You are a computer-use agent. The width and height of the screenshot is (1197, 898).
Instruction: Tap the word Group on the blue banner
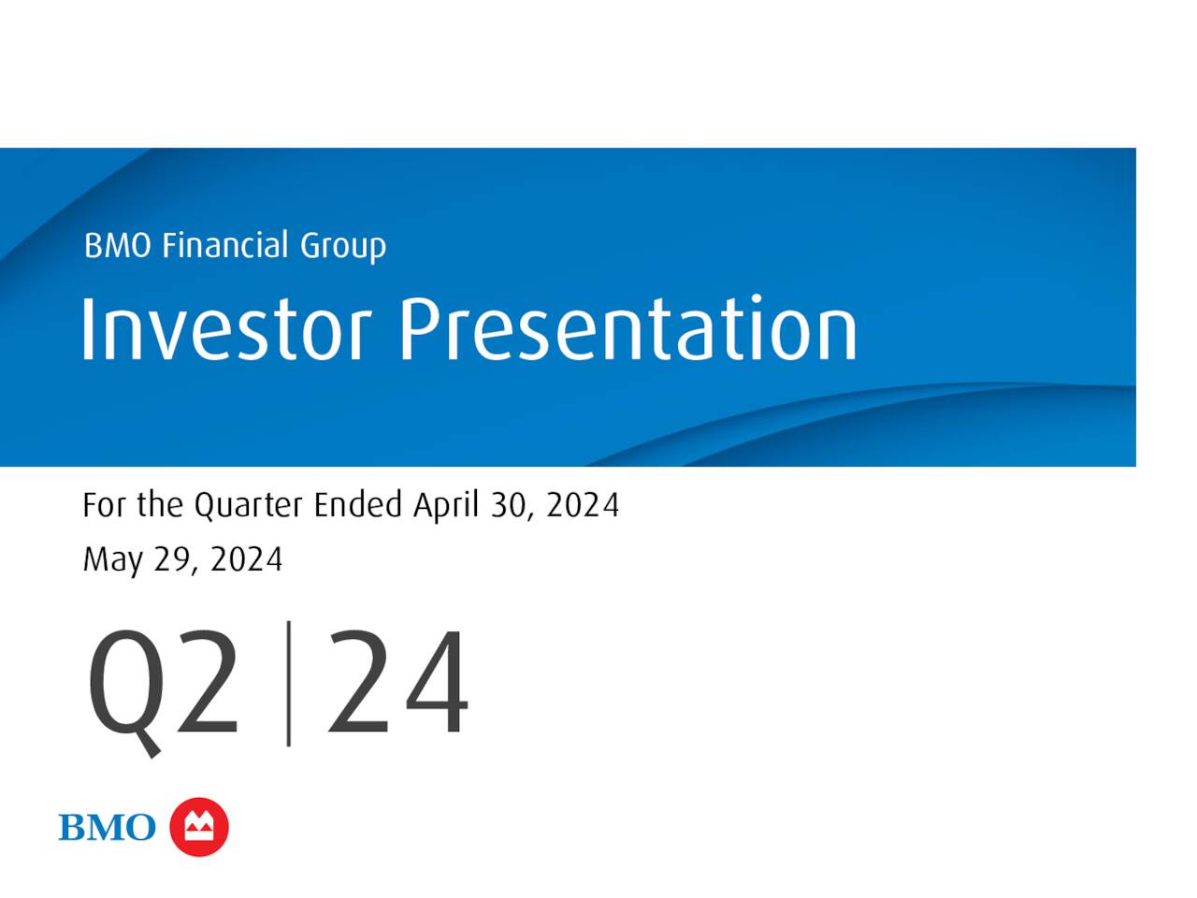point(342,247)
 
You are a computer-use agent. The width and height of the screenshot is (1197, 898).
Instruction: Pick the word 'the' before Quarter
point(160,505)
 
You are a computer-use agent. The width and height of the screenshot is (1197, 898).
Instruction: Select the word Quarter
point(248,506)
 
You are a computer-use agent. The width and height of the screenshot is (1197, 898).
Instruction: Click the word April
point(446,506)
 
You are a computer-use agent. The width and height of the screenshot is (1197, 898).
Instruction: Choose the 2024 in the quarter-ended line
point(583,505)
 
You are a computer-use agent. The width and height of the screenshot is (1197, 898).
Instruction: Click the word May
point(112,560)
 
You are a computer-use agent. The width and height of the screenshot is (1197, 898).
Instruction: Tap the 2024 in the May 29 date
point(247,560)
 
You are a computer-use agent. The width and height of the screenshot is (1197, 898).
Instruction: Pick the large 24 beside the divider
point(397,684)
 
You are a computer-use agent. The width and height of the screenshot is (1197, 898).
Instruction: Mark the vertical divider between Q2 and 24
point(288,684)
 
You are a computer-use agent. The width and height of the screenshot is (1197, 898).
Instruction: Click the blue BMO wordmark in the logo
point(107,828)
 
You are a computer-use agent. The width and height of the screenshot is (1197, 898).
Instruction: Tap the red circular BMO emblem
point(199,827)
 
